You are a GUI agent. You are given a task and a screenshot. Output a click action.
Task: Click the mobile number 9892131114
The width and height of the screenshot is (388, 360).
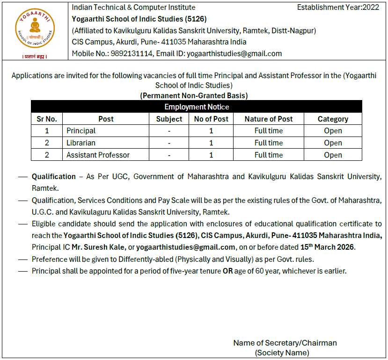click(132, 53)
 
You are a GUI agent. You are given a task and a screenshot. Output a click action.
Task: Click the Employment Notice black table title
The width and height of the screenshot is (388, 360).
click(197, 107)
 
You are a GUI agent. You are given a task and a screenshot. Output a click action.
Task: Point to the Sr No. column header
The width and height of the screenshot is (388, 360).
click(47, 119)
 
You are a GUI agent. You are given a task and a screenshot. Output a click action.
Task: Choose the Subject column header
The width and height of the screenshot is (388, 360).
click(169, 119)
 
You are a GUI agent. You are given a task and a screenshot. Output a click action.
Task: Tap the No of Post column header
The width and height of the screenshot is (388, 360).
click(211, 119)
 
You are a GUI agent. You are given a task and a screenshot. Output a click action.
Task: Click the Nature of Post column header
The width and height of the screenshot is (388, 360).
click(269, 119)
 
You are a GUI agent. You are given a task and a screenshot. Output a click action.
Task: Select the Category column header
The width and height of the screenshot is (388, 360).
click(333, 119)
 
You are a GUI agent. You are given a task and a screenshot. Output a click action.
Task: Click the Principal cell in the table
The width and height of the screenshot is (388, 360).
click(81, 131)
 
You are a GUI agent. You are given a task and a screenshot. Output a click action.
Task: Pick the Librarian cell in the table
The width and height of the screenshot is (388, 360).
click(81, 143)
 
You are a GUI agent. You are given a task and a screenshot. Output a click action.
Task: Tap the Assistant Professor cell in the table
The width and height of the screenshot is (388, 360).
click(98, 155)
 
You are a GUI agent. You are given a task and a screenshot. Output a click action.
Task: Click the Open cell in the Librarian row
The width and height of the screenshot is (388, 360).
click(333, 143)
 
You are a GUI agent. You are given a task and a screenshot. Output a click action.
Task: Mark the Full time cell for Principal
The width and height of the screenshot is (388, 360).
click(269, 131)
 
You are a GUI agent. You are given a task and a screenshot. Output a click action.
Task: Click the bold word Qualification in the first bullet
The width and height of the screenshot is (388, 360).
click(53, 177)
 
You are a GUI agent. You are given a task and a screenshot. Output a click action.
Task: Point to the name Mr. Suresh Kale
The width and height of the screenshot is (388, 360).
click(99, 247)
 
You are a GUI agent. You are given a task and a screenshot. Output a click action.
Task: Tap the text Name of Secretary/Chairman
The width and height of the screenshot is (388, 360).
click(285, 343)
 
